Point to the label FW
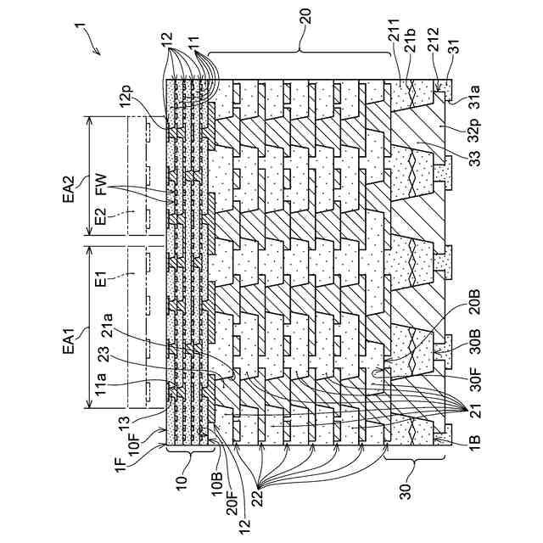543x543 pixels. [x=100, y=188]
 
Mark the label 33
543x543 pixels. [x=472, y=160]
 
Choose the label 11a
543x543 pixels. [x=100, y=386]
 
